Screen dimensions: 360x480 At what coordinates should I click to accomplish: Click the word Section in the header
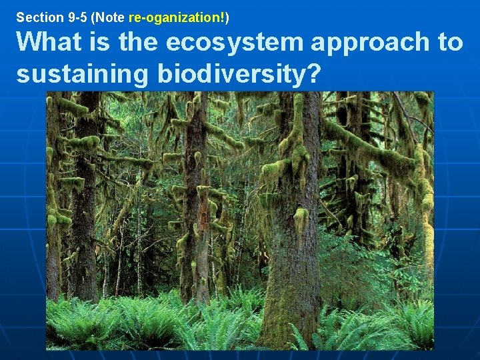(x=35, y=16)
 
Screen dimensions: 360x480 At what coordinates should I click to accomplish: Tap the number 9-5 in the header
(x=71, y=16)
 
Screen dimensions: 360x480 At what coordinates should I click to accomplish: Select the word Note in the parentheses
(x=109, y=16)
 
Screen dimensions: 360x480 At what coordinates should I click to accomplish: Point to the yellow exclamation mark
(x=224, y=16)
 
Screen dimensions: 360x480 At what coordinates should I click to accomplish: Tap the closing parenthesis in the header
(x=228, y=16)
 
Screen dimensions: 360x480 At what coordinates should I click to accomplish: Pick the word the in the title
(x=138, y=43)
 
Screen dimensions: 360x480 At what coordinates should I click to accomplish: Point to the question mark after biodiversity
(x=312, y=75)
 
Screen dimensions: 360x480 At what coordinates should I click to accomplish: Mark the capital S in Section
(x=19, y=16)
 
